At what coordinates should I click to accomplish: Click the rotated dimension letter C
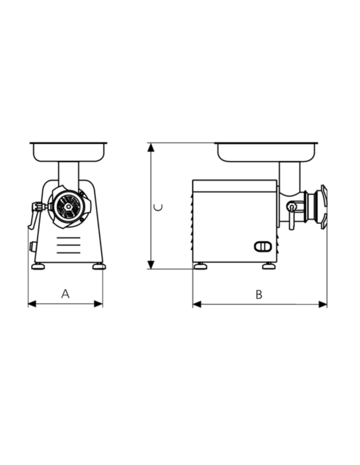tap(158, 207)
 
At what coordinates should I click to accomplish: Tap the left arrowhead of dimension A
tap(32, 304)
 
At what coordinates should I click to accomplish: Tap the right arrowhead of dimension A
tap(98, 304)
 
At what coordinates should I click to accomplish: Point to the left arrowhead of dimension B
tap(197, 304)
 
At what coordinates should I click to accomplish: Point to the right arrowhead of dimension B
tap(323, 304)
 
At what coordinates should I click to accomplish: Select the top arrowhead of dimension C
tap(151, 148)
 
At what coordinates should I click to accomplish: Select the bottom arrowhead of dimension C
tap(151, 265)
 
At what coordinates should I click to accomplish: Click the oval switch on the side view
tap(263, 247)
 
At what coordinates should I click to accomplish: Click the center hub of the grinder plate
tap(68, 207)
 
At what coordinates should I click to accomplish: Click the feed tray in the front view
tap(68, 152)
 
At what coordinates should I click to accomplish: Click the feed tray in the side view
tap(266, 152)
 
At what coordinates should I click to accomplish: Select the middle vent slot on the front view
tap(68, 245)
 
